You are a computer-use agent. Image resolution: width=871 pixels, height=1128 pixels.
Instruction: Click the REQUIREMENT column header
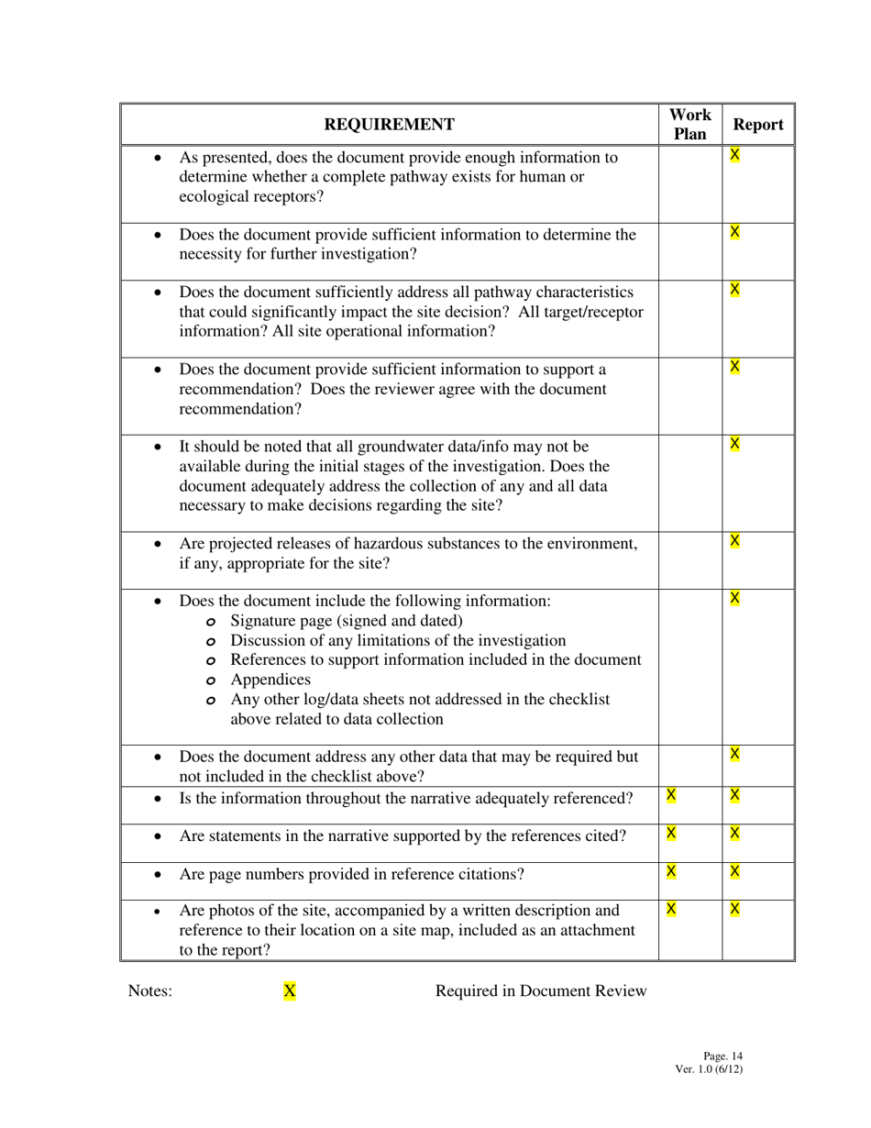390,125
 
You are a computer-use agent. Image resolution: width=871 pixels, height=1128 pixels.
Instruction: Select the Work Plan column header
689,125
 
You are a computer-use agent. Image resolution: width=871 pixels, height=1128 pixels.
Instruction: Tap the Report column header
758,125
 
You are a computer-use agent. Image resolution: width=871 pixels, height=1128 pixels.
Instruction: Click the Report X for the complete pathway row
734,155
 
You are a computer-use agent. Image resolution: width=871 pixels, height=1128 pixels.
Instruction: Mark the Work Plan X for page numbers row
671,870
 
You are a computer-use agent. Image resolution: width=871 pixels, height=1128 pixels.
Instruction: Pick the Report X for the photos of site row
734,909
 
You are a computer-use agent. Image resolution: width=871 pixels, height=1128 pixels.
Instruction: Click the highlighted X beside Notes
290,990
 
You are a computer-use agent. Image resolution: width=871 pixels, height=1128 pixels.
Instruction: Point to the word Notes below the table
149,990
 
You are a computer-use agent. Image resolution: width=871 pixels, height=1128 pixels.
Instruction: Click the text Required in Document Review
540,990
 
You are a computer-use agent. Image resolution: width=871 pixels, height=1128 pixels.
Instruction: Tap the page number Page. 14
722,1056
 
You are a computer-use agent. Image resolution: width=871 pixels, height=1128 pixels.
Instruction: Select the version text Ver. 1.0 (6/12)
709,1068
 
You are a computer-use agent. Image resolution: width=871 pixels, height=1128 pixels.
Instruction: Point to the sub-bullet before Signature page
212,622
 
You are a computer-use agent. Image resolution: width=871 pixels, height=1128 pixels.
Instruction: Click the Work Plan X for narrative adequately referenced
671,794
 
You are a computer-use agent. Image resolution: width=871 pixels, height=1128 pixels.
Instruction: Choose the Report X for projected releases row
734,541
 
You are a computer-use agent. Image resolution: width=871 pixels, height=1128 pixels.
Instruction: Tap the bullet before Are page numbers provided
159,875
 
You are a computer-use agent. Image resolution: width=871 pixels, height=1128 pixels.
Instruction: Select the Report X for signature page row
734,599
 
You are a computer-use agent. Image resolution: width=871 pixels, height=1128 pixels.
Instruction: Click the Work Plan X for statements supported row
671,833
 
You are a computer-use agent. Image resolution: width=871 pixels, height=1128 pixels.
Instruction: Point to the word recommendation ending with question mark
240,409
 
